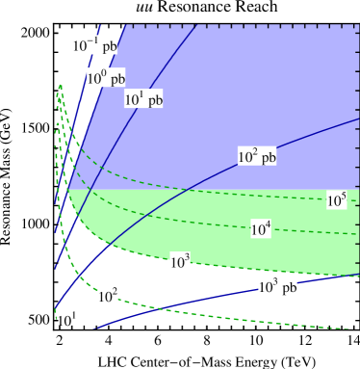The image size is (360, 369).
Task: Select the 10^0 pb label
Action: click(x=105, y=77)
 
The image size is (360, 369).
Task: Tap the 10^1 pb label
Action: click(x=143, y=97)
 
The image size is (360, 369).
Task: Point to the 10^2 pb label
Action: click(x=257, y=155)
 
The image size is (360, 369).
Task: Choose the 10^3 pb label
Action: click(x=281, y=285)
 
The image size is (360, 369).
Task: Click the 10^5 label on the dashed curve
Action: click(x=336, y=199)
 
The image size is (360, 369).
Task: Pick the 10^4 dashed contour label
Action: click(x=261, y=228)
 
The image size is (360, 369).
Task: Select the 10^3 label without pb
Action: click(x=180, y=261)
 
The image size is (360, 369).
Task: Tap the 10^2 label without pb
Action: click(x=108, y=295)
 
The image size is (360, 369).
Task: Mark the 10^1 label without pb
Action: click(x=66, y=319)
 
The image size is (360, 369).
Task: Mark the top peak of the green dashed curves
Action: click(x=60, y=86)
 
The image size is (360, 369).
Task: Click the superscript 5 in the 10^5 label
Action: click(x=342, y=196)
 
